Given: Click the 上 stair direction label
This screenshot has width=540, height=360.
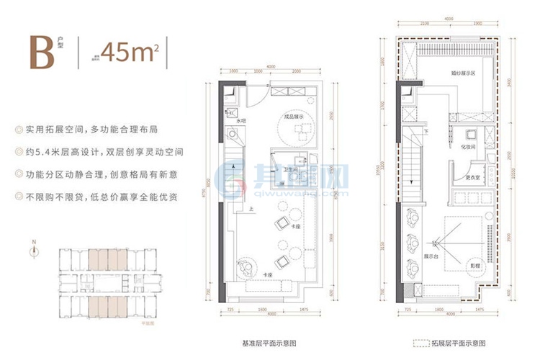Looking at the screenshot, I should coord(251,210).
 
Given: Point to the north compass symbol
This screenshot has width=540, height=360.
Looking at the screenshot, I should coord(34,251).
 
